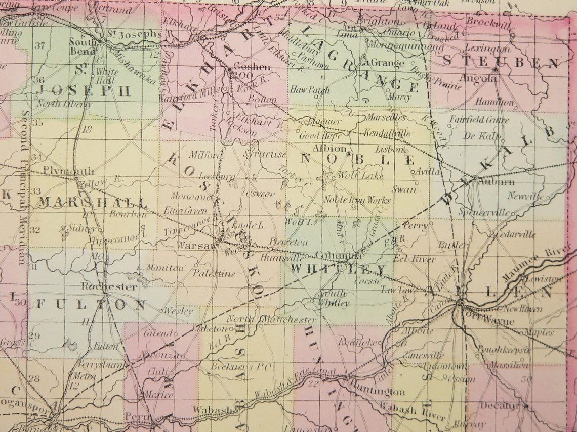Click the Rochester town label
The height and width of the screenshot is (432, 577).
[109, 287]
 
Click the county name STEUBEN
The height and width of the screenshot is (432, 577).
[501, 62]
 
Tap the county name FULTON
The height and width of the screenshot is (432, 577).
[91, 304]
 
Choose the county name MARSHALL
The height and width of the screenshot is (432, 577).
[94, 203]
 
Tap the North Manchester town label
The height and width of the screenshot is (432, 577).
[271, 319]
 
